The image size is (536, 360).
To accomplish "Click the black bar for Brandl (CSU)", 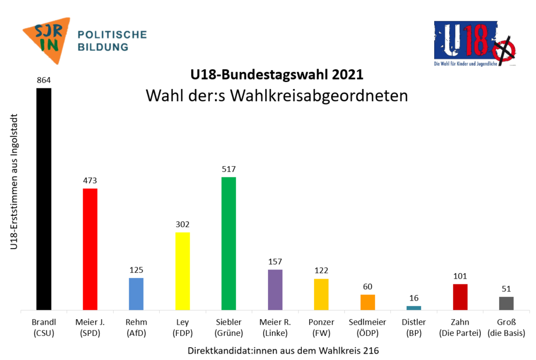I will pyautogui.click(x=43, y=199).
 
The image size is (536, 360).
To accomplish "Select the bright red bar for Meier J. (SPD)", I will pyautogui.click(x=90, y=249).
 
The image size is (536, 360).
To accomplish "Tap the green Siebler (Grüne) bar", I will pyautogui.click(x=229, y=243).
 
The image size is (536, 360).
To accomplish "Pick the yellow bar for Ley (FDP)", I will pyautogui.click(x=183, y=271).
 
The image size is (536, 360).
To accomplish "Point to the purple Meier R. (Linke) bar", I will pyautogui.click(x=275, y=290).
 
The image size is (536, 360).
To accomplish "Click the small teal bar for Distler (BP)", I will pyautogui.click(x=414, y=308).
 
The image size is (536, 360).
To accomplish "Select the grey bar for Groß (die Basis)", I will pyautogui.click(x=507, y=303).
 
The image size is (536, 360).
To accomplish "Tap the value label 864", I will pyautogui.click(x=43, y=80).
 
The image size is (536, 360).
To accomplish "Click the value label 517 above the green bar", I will pyautogui.click(x=229, y=169).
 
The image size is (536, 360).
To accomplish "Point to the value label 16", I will pyautogui.click(x=414, y=298).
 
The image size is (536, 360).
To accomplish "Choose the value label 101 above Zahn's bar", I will pyautogui.click(x=460, y=276).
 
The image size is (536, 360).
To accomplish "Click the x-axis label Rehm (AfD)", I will pyautogui.click(x=136, y=327).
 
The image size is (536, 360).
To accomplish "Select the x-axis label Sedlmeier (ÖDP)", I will pyautogui.click(x=368, y=327).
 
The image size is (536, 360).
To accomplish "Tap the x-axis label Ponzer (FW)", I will pyautogui.click(x=322, y=327).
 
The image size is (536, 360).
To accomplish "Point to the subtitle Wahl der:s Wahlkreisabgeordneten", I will pyautogui.click(x=277, y=95).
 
